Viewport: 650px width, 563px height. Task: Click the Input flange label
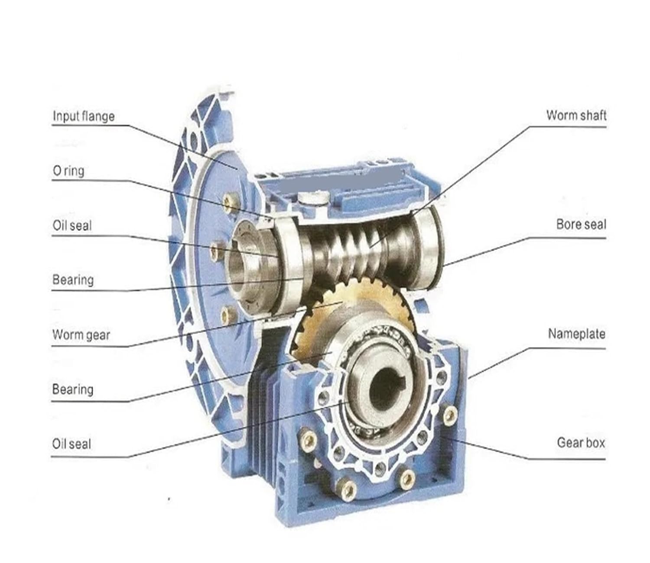[83, 116]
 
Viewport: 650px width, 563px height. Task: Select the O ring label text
[68, 171]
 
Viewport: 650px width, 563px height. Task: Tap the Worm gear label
[81, 335]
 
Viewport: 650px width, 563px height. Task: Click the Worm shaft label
[575, 115]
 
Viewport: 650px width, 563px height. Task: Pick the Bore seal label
[581, 224]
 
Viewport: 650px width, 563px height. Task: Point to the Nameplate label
[576, 334]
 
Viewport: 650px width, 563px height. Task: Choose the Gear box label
[580, 443]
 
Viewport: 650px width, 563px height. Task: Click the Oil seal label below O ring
[72, 225]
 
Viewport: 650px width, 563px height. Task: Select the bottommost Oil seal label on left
[71, 444]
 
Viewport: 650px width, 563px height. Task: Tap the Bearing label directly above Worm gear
[73, 280]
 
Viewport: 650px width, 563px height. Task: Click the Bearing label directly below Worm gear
[73, 389]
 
